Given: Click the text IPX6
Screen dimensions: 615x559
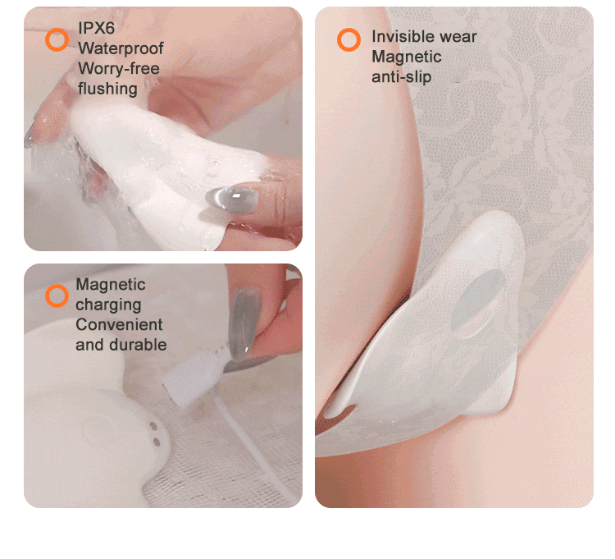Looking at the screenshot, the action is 96,28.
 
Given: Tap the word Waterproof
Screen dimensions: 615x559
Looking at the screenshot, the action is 121,48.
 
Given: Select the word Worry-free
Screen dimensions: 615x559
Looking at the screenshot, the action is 119,69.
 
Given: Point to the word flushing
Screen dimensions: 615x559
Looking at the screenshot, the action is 107,89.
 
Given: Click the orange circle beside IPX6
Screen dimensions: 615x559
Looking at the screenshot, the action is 57,39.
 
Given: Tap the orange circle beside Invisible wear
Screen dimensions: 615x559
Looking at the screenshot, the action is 348,39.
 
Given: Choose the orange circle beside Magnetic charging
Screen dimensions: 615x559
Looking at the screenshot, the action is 57,296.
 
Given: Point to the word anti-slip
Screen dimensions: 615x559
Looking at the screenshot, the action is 401,77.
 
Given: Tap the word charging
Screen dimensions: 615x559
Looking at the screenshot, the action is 108,305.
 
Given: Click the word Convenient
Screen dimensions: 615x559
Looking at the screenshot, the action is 119,324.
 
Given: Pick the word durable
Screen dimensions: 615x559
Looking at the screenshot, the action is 138,345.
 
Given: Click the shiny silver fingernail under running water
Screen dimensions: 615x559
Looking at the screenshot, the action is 233,199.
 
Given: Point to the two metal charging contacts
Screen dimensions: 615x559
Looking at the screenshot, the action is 155,433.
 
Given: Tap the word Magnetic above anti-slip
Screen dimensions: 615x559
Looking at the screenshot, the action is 407,57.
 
